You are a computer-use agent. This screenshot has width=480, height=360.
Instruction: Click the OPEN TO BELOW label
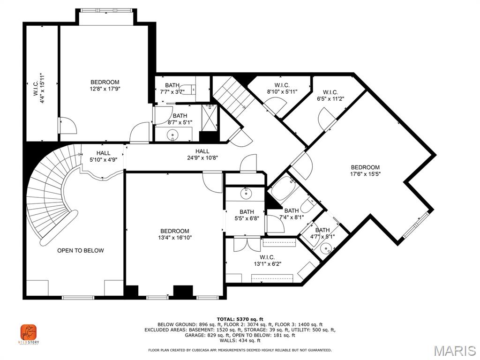coord(81,250)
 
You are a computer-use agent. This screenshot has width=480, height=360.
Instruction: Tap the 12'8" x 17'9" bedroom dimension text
coord(105,89)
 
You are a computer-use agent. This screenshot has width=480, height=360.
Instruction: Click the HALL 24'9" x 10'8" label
coord(202,155)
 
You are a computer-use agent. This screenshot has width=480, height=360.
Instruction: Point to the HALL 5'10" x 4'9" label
coord(104,156)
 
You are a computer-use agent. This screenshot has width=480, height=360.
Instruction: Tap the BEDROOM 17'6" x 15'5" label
coord(365,171)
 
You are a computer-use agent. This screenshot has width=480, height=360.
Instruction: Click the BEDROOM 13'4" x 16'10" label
coord(174,234)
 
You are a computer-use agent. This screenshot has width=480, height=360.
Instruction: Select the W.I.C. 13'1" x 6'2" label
coord(267,261)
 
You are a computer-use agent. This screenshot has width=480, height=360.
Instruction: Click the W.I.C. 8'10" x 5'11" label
coord(282,88)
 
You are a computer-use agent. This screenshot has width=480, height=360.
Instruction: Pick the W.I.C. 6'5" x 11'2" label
coord(330,96)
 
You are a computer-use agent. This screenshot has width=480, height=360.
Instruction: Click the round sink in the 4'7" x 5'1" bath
coord(326,248)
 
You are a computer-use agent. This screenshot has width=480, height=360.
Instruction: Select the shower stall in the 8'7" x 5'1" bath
coord(210,118)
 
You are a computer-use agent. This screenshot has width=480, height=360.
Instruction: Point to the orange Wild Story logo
coord(29,332)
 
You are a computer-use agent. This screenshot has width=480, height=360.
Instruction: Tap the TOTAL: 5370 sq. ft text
coord(240,319)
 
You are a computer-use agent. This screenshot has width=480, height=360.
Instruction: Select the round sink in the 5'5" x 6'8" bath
coord(245,193)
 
